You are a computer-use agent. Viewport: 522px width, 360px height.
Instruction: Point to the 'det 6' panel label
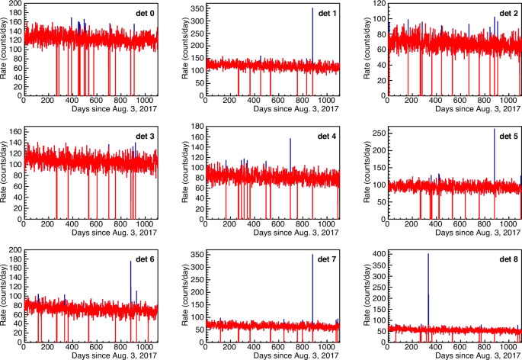click(142, 260)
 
